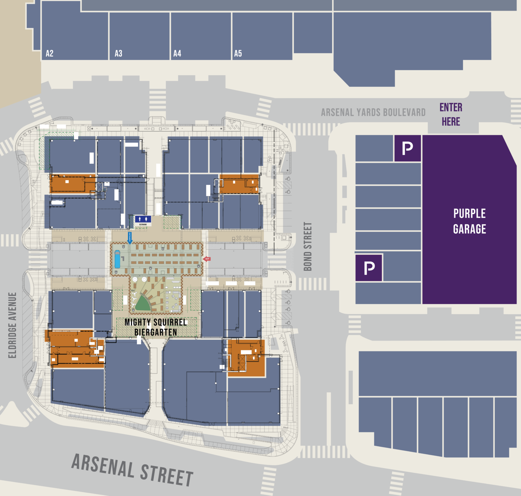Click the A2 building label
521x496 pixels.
[x=50, y=54]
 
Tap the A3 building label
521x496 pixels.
[x=118, y=54]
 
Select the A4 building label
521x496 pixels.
[x=177, y=54]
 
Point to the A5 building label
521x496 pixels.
[x=238, y=54]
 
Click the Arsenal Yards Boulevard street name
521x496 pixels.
[x=373, y=112]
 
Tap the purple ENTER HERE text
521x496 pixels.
[x=451, y=114]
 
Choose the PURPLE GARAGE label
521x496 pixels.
[x=469, y=221]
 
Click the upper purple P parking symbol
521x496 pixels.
[x=407, y=148]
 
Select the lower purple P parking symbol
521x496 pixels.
[x=369, y=268]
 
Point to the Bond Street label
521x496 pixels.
[x=308, y=247]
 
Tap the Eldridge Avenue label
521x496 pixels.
[x=12, y=325]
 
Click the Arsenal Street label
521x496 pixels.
[x=132, y=470]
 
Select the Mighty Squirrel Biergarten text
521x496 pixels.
[x=156, y=327]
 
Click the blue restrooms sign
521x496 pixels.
[x=143, y=220]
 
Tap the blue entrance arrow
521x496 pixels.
[x=130, y=238]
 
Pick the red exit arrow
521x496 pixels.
[x=206, y=259]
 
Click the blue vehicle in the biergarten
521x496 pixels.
[x=117, y=259]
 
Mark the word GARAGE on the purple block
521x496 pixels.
[x=469, y=229]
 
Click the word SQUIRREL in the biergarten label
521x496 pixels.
[x=170, y=322]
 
